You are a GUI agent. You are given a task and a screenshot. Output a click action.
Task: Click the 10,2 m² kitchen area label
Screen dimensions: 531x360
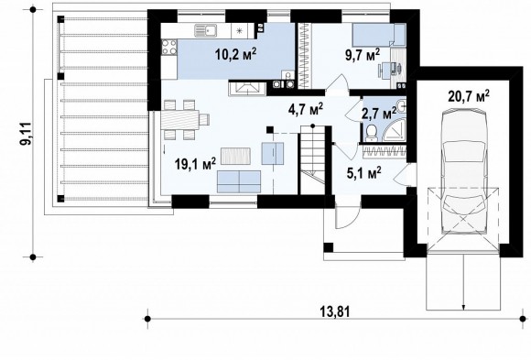click(x=235, y=54)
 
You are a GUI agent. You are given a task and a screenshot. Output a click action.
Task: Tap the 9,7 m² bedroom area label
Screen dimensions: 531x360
click(x=363, y=55)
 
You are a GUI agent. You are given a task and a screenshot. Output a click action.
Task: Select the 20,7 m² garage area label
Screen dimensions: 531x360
click(x=469, y=96)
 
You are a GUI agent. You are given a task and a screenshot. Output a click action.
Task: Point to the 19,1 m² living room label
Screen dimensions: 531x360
click(x=195, y=164)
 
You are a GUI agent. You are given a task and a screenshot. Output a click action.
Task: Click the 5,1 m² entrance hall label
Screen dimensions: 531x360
click(x=364, y=173)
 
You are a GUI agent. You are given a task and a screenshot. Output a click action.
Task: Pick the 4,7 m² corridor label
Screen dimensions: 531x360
click(x=306, y=110)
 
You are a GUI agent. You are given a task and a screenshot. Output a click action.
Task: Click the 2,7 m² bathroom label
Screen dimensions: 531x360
click(x=379, y=114)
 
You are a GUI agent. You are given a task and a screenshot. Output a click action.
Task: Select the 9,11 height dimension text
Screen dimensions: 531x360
click(x=26, y=133)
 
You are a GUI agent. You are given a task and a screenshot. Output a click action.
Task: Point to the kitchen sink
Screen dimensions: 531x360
click(x=206, y=31)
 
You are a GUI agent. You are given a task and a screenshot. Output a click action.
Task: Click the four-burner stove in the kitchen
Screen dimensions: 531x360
click(x=169, y=47)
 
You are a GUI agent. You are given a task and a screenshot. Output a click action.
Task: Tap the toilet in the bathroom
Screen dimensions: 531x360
click(x=372, y=132)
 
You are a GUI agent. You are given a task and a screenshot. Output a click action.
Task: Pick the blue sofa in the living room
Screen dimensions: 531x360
click(x=239, y=182)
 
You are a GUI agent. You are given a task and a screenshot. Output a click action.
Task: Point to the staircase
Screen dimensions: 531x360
click(x=312, y=159)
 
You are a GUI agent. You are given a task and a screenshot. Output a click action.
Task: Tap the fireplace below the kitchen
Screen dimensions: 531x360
click(x=247, y=88)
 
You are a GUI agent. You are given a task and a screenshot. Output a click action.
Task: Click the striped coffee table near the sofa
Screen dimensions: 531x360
click(x=235, y=156)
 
